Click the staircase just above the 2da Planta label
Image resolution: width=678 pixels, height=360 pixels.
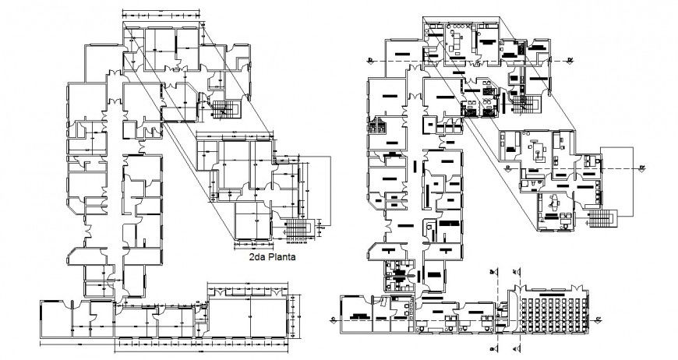[x=297, y=231]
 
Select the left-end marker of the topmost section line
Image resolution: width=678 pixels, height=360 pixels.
[x=369, y=61]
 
